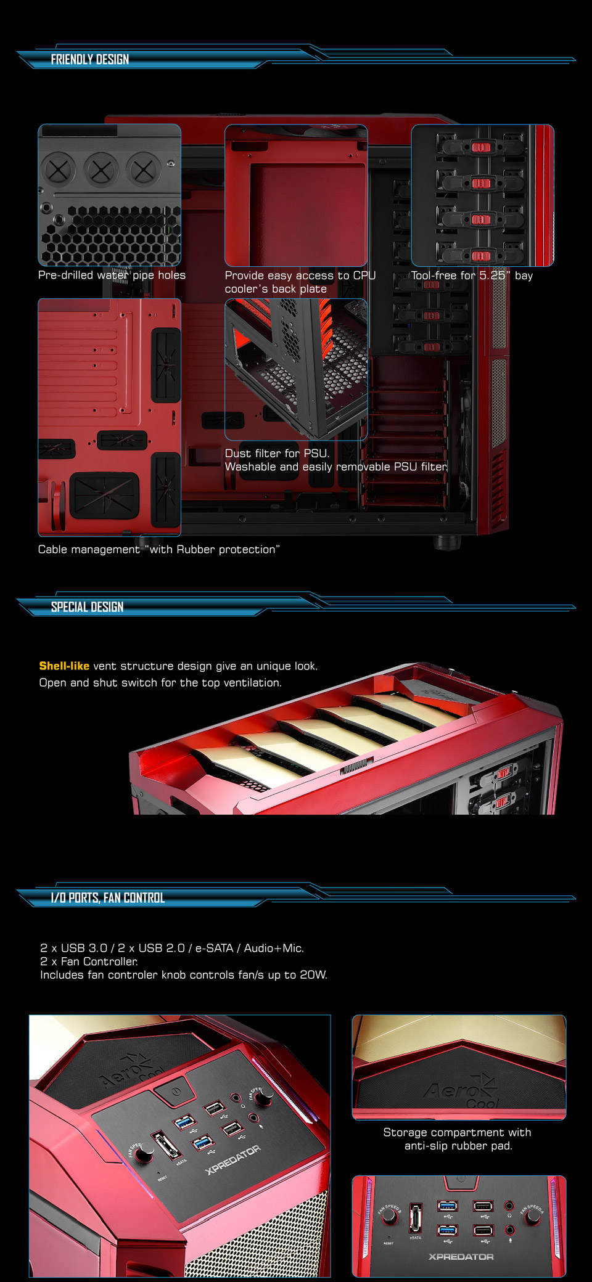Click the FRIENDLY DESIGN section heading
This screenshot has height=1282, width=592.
pyautogui.click(x=90, y=59)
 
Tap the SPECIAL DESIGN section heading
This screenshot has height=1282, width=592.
pyautogui.click(x=87, y=607)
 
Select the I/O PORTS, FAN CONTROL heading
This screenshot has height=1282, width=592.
pyautogui.click(x=107, y=897)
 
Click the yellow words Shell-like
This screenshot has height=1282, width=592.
pyautogui.click(x=64, y=666)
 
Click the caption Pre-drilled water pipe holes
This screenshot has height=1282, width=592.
pyautogui.click(x=112, y=275)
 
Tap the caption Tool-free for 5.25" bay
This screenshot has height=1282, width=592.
pyautogui.click(x=472, y=276)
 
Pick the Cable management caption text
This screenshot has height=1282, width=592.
pyautogui.click(x=158, y=549)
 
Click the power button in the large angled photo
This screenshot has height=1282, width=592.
pyautogui.click(x=176, y=1091)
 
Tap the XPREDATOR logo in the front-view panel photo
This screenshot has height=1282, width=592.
pyautogui.click(x=461, y=1257)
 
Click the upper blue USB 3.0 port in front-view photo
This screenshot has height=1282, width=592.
pyautogui.click(x=448, y=1206)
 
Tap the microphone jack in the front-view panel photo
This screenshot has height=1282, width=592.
pyautogui.click(x=509, y=1230)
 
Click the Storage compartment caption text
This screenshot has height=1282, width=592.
pyautogui.click(x=458, y=1139)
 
